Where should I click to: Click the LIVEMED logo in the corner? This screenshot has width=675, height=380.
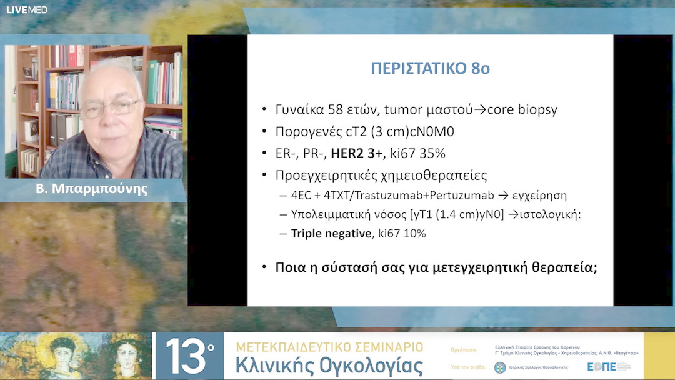(x=27, y=9)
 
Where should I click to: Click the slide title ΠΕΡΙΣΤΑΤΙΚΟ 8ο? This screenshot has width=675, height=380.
(x=430, y=68)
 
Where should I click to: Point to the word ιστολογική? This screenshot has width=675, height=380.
(x=549, y=214)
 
